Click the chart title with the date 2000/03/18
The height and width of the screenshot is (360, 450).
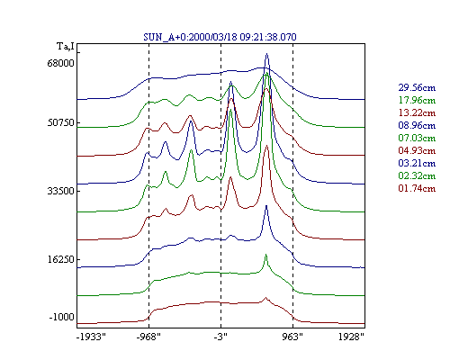pyautogui.click(x=220, y=37)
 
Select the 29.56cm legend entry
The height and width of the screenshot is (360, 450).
pyautogui.click(x=417, y=87)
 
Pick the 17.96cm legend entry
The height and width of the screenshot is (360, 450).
pyautogui.click(x=417, y=100)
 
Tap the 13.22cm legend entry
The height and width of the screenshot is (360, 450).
pyautogui.click(x=417, y=112)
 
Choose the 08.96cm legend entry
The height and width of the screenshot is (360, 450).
pyautogui.click(x=417, y=125)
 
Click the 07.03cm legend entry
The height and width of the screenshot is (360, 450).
pyautogui.click(x=417, y=138)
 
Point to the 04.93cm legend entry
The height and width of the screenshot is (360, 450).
pyautogui.click(x=417, y=150)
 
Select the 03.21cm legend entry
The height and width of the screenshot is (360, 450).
pyautogui.click(x=417, y=163)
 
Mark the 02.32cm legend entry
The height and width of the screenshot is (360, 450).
pyautogui.click(x=417, y=175)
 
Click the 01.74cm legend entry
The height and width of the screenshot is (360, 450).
pyautogui.click(x=417, y=188)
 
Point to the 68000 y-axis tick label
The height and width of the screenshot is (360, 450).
pyautogui.click(x=60, y=64)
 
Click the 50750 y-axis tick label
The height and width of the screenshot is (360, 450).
pyautogui.click(x=60, y=123)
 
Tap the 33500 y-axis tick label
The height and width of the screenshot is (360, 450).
pyautogui.click(x=60, y=191)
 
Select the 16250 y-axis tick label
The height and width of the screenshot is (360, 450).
pyautogui.click(x=60, y=259)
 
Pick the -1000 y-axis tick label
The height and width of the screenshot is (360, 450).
pyautogui.click(x=62, y=317)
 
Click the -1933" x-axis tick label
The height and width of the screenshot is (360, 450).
pyautogui.click(x=91, y=337)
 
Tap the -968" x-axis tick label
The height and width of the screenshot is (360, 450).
pyautogui.click(x=148, y=337)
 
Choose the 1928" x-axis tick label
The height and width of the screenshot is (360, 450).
pyautogui.click(x=351, y=337)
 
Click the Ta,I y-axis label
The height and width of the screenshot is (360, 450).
pyautogui.click(x=66, y=47)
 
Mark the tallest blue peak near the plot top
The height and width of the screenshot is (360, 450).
pyautogui.click(x=266, y=54)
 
